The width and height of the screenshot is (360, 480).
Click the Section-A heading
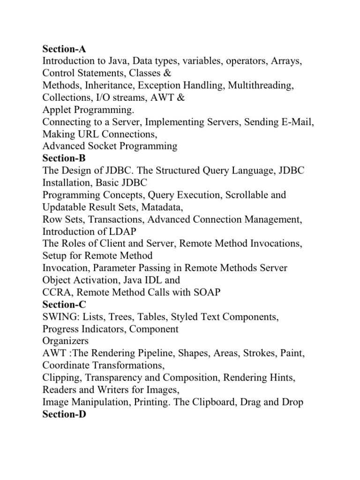[65, 49]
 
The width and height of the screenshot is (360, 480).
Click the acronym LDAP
[126, 232]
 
